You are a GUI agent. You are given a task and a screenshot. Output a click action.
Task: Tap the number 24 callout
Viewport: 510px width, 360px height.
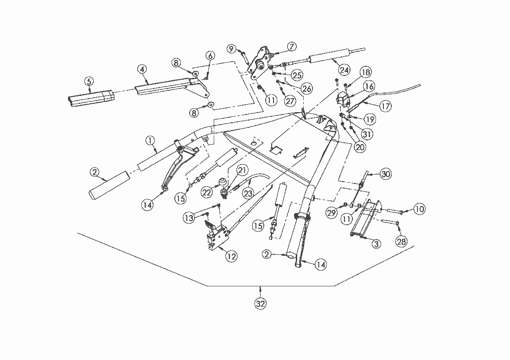click(x=344, y=70)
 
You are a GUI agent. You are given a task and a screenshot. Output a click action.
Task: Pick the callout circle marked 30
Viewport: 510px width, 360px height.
click(x=386, y=174)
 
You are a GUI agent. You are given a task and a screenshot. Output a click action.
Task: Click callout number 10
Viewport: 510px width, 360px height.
click(x=419, y=209)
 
